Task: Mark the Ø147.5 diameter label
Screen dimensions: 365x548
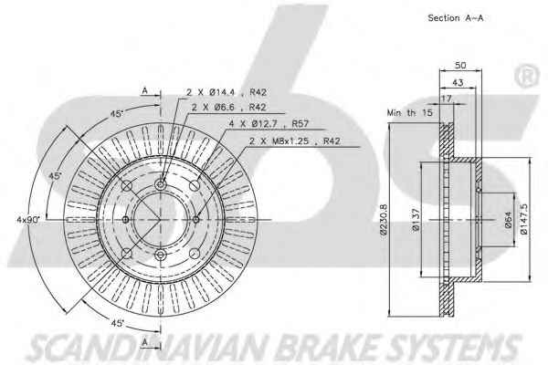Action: pos(523,218)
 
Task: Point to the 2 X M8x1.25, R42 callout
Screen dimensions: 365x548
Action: pos(295,141)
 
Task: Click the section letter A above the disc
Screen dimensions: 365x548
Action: pos(144,89)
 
